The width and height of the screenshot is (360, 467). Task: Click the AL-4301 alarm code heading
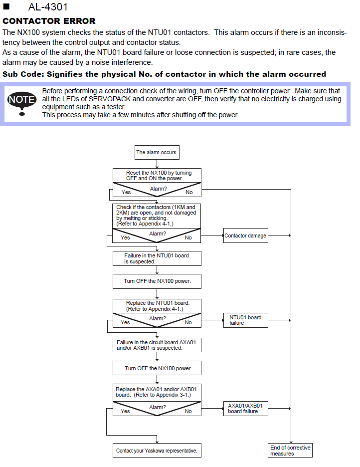coord(48,7)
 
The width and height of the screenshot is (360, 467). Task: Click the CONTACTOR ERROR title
coord(49,21)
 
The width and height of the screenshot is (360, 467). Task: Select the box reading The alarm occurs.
coord(157,153)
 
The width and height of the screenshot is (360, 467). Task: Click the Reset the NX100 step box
coord(157,176)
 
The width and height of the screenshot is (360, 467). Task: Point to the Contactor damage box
coord(245,235)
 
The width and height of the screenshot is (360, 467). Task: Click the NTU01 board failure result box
coord(245,320)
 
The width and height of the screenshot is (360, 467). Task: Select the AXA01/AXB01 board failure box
coord(245,409)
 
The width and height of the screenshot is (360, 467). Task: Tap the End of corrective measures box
coord(290,451)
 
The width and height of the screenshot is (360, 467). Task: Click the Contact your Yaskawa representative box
coord(157,451)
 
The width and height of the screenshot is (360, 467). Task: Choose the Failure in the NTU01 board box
coord(157,258)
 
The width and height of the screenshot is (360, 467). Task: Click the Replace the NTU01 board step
coord(157,306)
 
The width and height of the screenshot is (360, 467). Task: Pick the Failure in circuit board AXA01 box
coord(157,345)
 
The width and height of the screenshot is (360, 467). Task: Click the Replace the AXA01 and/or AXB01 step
coord(157,393)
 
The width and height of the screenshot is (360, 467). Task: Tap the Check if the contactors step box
coord(157,216)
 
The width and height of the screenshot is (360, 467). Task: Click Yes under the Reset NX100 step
coord(126,193)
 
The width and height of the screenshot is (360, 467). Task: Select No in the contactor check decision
coord(188,237)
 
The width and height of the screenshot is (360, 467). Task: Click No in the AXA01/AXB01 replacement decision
coord(188,411)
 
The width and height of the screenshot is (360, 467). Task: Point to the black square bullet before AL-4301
coord(6,6)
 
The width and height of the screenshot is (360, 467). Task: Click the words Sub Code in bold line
coord(23,74)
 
